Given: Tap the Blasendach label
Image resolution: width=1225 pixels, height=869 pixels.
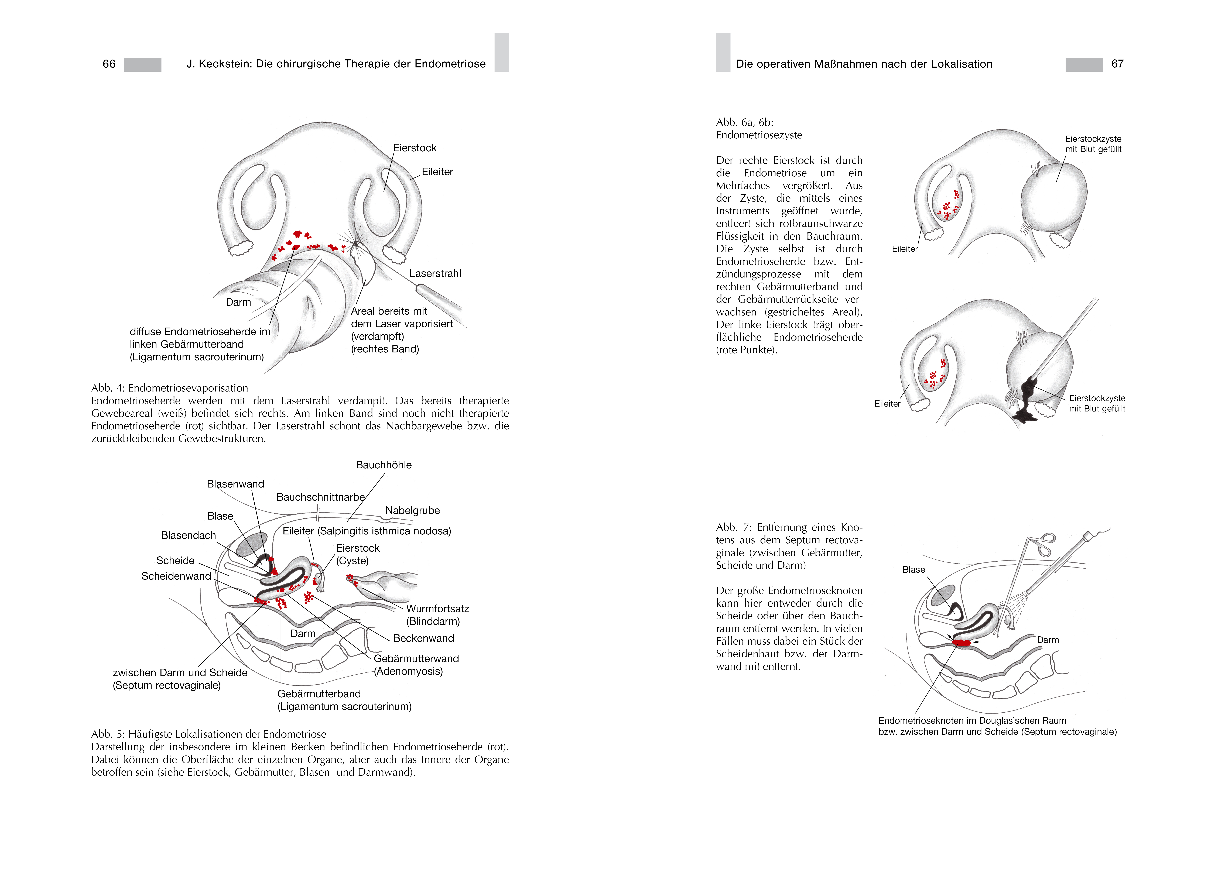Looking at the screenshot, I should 188,535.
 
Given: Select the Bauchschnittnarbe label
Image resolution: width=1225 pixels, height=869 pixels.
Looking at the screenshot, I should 320,497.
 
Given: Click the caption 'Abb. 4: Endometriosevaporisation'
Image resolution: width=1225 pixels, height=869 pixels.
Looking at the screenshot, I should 170,388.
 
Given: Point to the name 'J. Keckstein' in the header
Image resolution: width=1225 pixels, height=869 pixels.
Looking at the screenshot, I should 218,64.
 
